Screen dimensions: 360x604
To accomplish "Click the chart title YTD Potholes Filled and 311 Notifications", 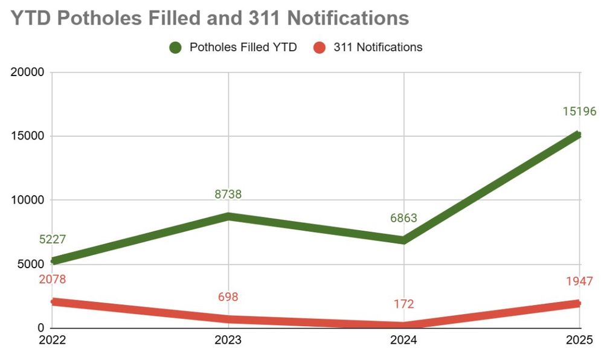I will pyautogui.click(x=210, y=18).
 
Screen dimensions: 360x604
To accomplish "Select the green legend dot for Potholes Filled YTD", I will pyautogui.click(x=176, y=48).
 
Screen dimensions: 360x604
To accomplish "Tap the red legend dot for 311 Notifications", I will pyautogui.click(x=320, y=48).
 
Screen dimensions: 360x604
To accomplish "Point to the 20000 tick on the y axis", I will pyautogui.click(x=28, y=72).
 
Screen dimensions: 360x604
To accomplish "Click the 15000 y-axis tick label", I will pyautogui.click(x=28, y=136).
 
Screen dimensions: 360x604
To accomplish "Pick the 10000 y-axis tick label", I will pyautogui.click(x=28, y=200).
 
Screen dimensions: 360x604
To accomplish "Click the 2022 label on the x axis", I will pyautogui.click(x=52, y=341).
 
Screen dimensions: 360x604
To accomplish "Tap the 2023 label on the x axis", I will pyautogui.click(x=228, y=341).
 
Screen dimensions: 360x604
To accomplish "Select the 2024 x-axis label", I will pyautogui.click(x=403, y=341).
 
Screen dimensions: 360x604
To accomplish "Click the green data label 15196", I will pyautogui.click(x=579, y=112).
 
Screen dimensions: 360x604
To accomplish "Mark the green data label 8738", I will pyautogui.click(x=228, y=194).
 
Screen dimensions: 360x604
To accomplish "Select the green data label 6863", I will pyautogui.click(x=403, y=218).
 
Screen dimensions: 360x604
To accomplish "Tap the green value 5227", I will pyautogui.click(x=52, y=239).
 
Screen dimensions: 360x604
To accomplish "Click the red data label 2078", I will pyautogui.click(x=52, y=279).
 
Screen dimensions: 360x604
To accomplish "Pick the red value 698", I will pyautogui.click(x=228, y=297).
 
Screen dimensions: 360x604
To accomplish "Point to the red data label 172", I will pyautogui.click(x=403, y=304).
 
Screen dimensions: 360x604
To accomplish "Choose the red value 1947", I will pyautogui.click(x=579, y=281).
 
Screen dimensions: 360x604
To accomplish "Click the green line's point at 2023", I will pyautogui.click(x=228, y=216).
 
